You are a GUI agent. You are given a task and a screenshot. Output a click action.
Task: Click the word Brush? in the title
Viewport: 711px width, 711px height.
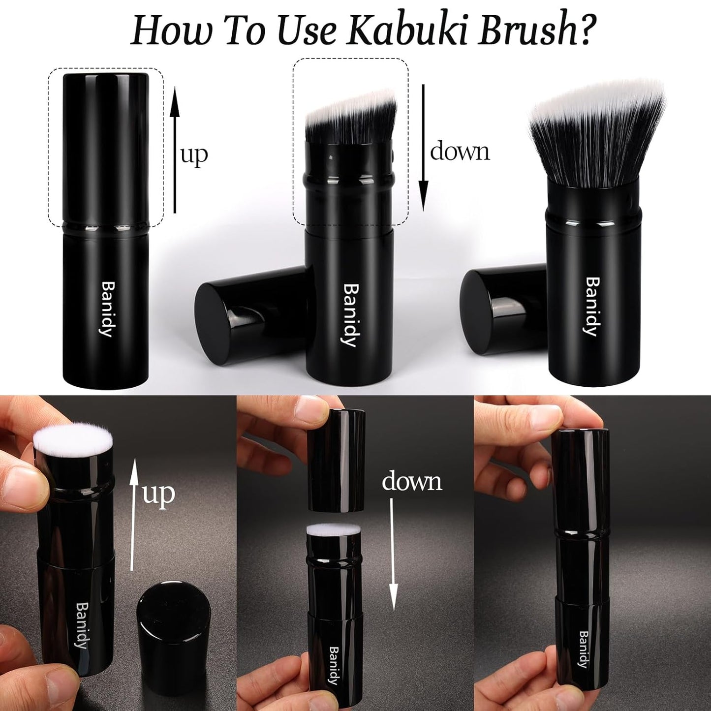click(x=534, y=31)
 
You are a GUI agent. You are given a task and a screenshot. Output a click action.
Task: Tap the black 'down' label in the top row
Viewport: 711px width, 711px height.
click(x=460, y=151)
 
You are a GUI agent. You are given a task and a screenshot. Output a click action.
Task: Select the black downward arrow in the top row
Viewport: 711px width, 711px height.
click(x=424, y=148)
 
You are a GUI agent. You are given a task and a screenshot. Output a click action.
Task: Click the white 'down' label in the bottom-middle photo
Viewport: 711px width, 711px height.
click(x=412, y=481)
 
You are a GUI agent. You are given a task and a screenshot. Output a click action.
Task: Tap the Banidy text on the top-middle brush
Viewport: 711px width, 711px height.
click(x=350, y=315)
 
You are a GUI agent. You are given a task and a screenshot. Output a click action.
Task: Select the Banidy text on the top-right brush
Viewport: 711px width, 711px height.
click(x=592, y=306)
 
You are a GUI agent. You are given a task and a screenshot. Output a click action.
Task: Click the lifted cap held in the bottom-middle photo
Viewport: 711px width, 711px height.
click(x=336, y=460)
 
